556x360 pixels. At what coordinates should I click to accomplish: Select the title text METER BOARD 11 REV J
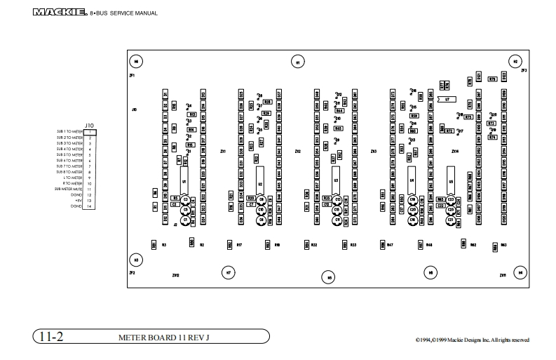click(x=165, y=337)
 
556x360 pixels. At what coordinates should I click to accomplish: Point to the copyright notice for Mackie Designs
click(x=472, y=340)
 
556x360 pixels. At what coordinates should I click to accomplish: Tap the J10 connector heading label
click(x=88, y=125)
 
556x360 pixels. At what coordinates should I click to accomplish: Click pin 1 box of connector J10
click(x=91, y=131)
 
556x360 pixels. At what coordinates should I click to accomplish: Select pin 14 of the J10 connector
click(x=91, y=206)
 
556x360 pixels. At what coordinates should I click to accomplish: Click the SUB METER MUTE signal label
click(x=73, y=189)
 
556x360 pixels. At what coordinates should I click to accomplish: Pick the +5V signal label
click(x=79, y=201)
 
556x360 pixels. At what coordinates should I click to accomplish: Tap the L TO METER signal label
click(x=73, y=178)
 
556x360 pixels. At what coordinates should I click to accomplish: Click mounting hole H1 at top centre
click(x=298, y=62)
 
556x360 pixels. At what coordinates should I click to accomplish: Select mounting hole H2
click(x=515, y=62)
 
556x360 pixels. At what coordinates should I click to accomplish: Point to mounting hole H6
click(x=137, y=61)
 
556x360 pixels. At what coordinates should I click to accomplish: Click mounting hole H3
click(x=137, y=260)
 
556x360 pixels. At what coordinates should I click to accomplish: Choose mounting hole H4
click(x=520, y=272)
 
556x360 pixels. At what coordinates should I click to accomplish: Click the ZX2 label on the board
click(x=298, y=151)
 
